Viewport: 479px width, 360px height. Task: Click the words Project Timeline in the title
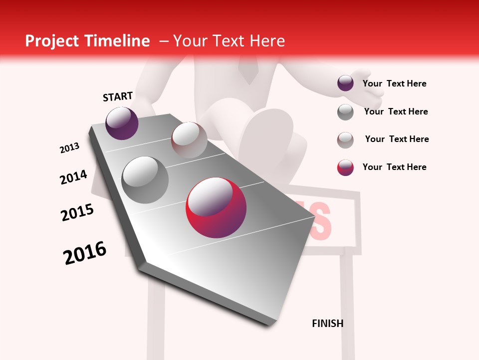(x=87, y=41)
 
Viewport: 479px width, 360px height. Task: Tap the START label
(x=118, y=96)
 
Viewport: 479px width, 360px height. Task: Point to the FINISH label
(x=327, y=323)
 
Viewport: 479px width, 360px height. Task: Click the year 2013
(x=70, y=148)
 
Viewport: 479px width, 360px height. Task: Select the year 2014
(x=73, y=177)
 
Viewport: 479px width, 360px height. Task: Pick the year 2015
(x=77, y=212)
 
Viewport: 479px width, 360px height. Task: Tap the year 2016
(x=85, y=253)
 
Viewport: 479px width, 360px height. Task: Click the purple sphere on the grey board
(x=122, y=123)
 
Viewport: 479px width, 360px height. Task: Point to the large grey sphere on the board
(x=145, y=179)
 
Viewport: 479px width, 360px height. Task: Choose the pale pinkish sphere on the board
(x=189, y=139)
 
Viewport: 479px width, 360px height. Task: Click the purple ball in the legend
(x=345, y=83)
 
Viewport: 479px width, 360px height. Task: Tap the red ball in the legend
(x=345, y=167)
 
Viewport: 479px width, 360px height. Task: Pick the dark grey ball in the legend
(x=345, y=112)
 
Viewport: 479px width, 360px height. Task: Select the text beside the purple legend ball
(x=394, y=83)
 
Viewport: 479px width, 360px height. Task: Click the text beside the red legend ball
(x=394, y=167)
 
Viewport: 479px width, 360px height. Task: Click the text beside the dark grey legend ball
(x=396, y=111)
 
